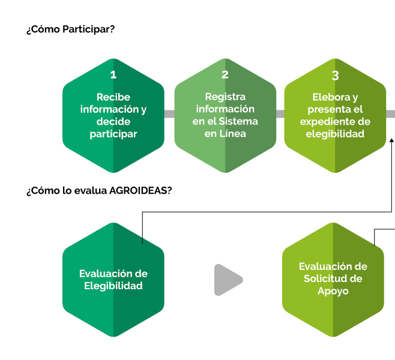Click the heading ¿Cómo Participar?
[x=71, y=29]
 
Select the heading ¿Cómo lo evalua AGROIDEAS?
[x=99, y=191]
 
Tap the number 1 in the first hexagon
[x=113, y=74]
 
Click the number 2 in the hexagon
[x=225, y=74]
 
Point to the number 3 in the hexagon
[x=335, y=76]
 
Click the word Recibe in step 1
[x=113, y=97]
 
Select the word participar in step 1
[x=113, y=134]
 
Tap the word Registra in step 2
[x=225, y=97]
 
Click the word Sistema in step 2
[x=238, y=121]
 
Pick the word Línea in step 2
[x=232, y=133]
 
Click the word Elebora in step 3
[x=331, y=97]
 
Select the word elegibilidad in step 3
[x=335, y=134]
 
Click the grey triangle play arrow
[x=228, y=280]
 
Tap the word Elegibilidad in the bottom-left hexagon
[x=113, y=286]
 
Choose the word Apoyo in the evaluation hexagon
[x=333, y=291]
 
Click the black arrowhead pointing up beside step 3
[x=392, y=140]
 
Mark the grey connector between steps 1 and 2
[x=169, y=114]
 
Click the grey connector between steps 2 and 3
[x=280, y=114]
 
